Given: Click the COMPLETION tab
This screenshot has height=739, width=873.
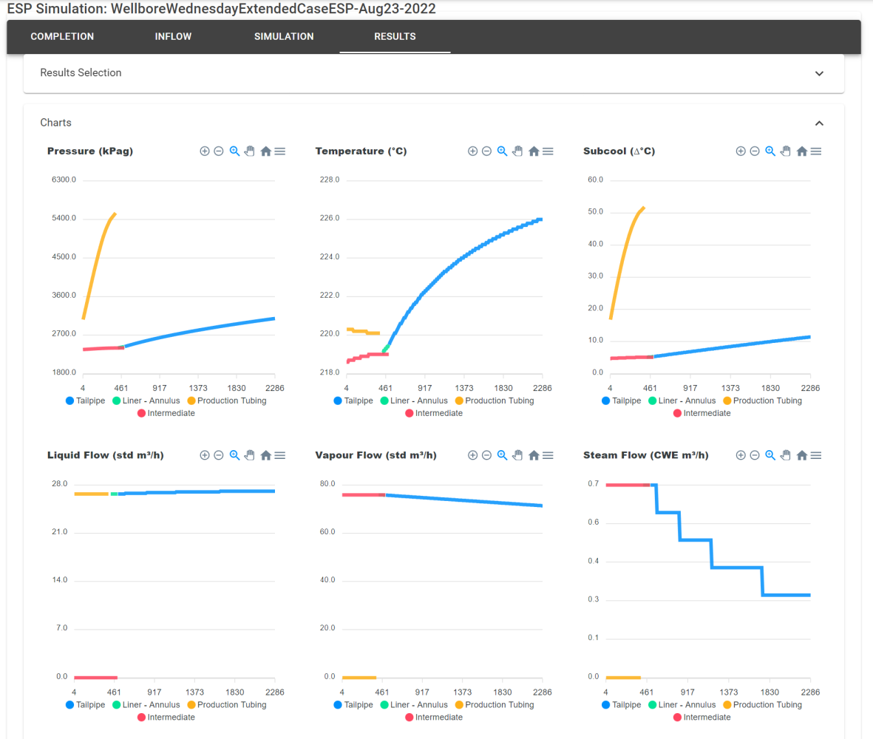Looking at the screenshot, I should [x=62, y=36].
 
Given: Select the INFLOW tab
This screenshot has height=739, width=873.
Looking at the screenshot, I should [x=174, y=36].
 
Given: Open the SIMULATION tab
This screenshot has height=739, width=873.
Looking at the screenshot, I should [x=284, y=36].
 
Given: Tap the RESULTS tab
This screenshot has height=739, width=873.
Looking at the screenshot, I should [x=395, y=36].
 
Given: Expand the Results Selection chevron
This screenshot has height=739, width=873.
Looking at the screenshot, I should [x=818, y=73].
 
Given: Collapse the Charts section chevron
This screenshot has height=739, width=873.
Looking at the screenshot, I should [x=818, y=123].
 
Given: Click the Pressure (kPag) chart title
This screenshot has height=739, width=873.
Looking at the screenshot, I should [x=90, y=151].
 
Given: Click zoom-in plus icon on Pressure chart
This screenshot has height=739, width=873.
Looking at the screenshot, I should [x=205, y=151].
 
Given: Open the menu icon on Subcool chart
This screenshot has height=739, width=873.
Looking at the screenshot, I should [x=816, y=151].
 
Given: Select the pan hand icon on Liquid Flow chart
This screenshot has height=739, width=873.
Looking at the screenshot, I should [x=250, y=455].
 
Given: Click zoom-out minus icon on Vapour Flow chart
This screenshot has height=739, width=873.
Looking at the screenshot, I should [x=486, y=455].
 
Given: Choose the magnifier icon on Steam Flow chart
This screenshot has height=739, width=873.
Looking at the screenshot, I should [x=770, y=455].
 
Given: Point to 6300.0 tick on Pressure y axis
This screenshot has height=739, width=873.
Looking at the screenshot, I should [x=64, y=180].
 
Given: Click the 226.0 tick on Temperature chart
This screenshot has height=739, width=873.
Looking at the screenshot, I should [x=329, y=219].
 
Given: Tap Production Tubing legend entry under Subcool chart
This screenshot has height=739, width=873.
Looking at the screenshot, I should [x=761, y=401].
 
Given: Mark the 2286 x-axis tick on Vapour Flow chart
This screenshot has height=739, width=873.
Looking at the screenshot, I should [x=543, y=692].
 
